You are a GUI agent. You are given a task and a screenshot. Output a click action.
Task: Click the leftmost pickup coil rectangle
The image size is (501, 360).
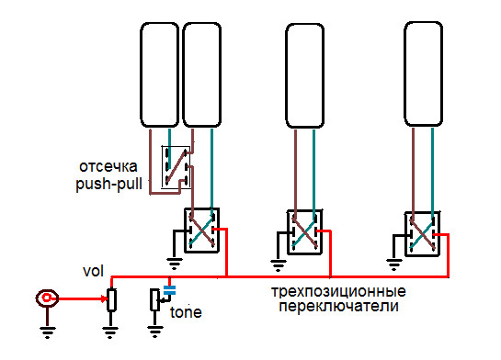[x=159, y=75]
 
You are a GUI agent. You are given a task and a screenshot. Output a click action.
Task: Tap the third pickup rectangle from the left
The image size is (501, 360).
[x=305, y=75]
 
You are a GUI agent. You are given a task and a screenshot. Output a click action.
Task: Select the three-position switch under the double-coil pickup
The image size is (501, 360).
[x=199, y=230]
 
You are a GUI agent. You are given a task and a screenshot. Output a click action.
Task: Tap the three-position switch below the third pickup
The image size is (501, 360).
[x=302, y=231]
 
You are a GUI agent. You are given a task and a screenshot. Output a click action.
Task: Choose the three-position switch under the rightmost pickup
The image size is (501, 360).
[x=421, y=230]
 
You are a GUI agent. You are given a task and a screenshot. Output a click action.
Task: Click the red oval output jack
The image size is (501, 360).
[x=46, y=298]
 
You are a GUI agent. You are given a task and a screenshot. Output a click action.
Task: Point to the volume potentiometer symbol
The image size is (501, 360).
[x=111, y=299]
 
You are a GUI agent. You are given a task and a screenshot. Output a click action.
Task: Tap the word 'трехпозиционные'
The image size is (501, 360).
[x=339, y=291]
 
